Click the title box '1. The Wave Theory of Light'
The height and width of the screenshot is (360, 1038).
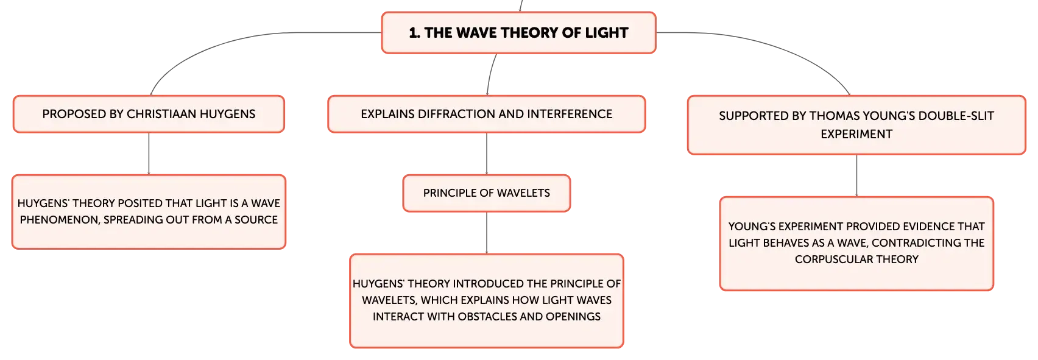coord(518,32)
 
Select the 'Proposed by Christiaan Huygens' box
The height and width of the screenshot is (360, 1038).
coord(149,114)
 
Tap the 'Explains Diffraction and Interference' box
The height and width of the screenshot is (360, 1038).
coord(487,114)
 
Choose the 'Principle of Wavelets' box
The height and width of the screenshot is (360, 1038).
coord(487,193)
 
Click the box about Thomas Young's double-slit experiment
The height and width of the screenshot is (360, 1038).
coord(856,125)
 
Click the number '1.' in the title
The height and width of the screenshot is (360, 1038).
coord(415,33)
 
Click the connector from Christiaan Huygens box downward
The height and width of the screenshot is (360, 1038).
coord(149,154)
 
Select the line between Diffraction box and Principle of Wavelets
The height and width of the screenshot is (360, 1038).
coord(487,154)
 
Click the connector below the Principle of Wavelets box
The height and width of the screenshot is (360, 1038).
coord(487,233)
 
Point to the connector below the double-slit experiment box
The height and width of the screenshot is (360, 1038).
coord(856,175)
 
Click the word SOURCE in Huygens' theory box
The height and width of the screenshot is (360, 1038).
coord(256,220)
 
